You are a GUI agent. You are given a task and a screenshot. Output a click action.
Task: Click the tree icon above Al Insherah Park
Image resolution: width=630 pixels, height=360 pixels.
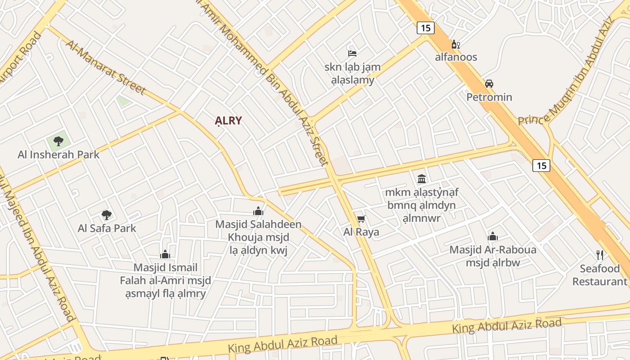(58, 141)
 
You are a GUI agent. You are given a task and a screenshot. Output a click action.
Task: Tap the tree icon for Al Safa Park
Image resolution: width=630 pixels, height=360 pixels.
(106, 215)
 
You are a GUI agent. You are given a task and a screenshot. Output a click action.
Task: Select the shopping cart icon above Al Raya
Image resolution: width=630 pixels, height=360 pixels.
(361, 219)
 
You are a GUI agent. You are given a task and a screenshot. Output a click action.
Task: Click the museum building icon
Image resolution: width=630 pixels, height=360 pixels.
(422, 179)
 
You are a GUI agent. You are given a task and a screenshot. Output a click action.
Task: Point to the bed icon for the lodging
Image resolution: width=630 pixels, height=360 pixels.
(352, 54)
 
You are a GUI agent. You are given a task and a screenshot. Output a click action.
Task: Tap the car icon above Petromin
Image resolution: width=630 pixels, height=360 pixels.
(489, 84)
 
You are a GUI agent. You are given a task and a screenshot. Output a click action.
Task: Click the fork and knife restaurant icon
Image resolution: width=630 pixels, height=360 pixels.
(600, 255)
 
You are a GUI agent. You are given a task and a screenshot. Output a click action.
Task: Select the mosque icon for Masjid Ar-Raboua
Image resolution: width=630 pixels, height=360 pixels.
(493, 236)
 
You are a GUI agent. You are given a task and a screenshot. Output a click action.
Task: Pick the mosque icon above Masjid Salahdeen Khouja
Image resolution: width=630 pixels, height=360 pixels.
(258, 211)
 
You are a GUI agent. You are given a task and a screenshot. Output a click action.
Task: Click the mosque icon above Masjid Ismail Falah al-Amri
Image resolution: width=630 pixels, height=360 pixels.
(165, 254)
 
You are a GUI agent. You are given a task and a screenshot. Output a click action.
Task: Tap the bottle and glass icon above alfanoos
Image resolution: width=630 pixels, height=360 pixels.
(456, 44)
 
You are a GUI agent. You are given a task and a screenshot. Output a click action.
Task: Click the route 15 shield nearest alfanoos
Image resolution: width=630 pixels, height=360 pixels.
(426, 28)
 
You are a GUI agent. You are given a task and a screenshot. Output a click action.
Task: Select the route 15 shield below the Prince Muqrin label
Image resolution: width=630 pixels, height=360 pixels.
(541, 166)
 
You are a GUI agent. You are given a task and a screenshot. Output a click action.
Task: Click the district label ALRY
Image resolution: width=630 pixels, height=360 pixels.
(228, 121)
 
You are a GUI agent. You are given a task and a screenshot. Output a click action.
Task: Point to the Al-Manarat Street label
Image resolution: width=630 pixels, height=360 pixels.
(106, 67)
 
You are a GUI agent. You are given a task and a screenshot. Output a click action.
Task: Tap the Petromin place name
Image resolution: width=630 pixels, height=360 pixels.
(489, 97)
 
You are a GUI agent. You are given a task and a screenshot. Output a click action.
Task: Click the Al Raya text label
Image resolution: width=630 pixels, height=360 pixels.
(361, 232)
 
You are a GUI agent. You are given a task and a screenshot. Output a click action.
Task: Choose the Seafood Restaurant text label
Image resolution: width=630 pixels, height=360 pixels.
(600, 275)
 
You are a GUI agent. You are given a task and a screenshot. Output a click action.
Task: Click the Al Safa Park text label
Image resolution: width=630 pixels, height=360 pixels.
(107, 228)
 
